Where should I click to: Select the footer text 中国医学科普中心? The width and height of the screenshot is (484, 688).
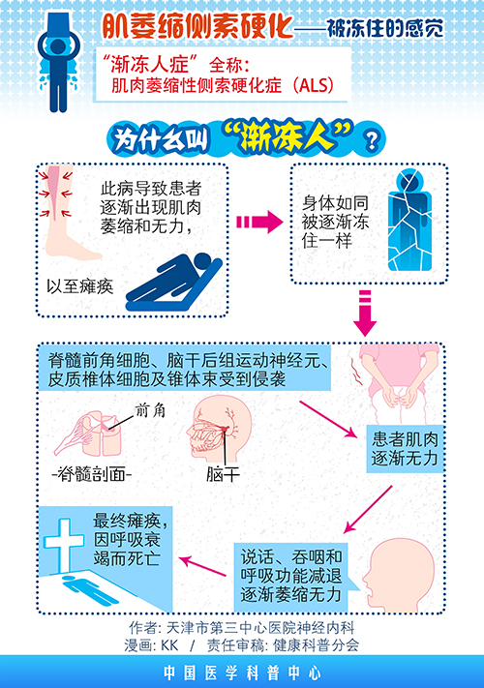pos(241,671)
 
